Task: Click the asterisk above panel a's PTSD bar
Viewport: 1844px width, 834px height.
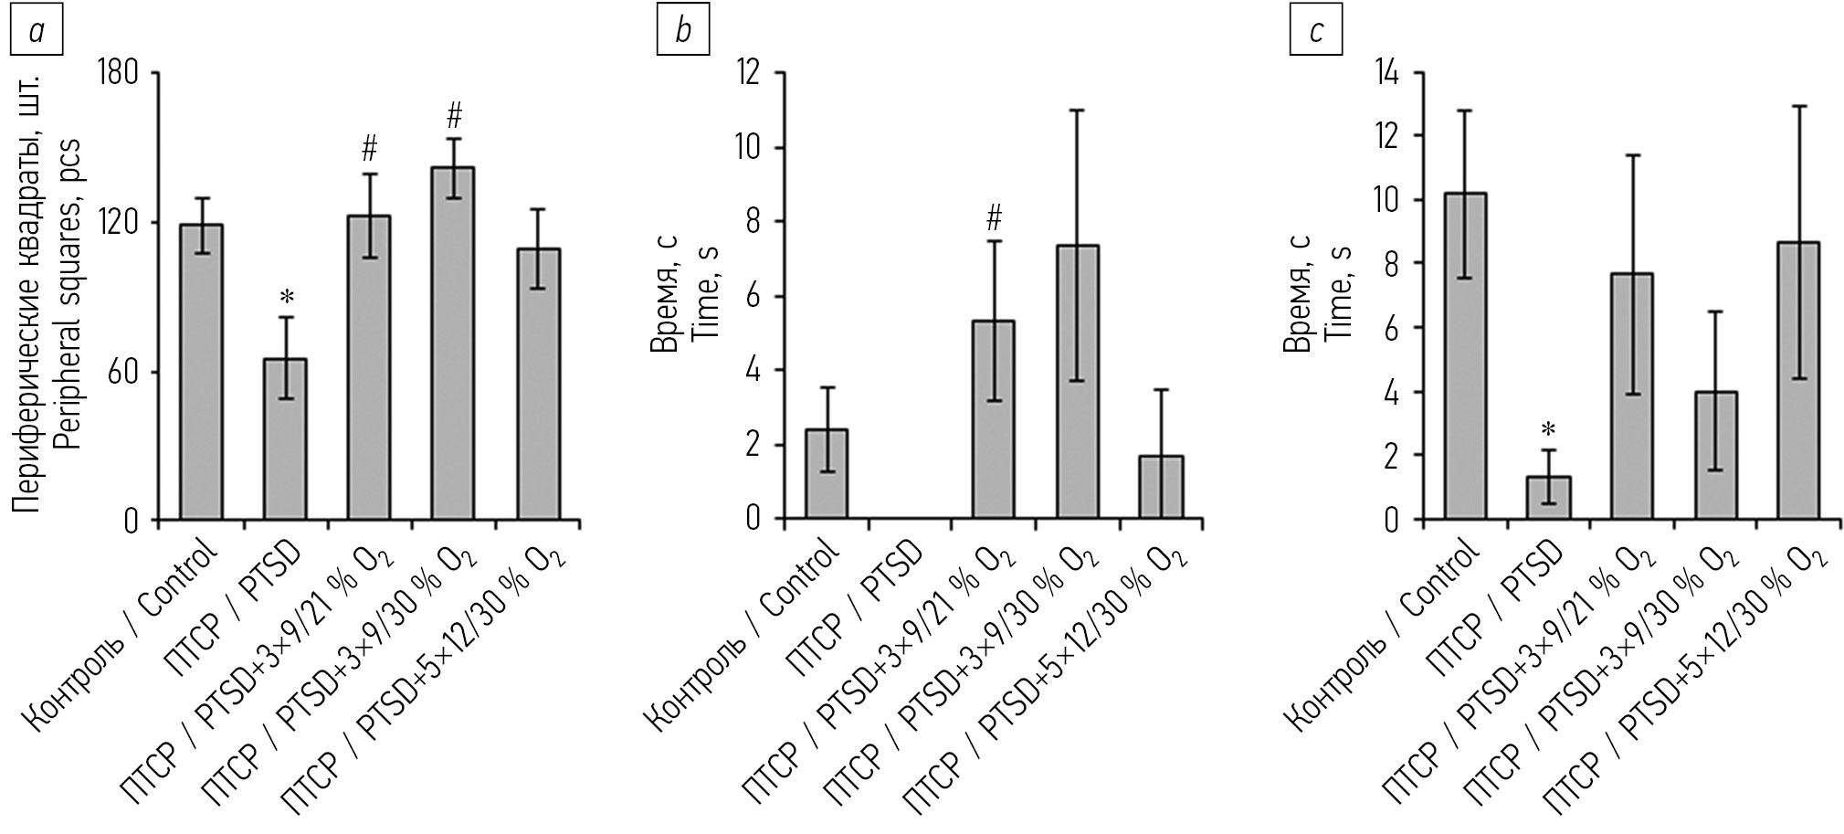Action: [287, 297]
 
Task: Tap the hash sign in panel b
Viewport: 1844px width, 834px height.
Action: [995, 218]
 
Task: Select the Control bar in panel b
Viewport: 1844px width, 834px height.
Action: [827, 474]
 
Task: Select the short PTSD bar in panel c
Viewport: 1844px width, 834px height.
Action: [1548, 498]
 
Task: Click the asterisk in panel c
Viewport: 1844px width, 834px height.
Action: [1549, 428]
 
